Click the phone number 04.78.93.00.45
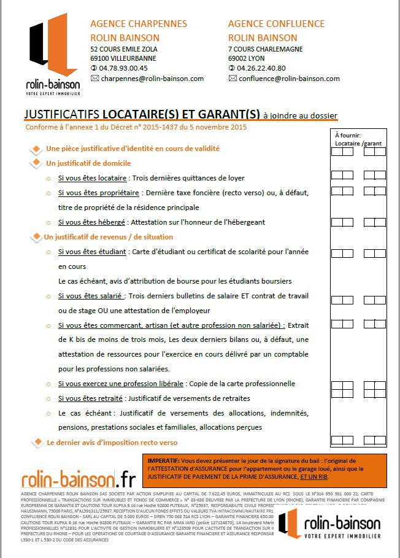pyautogui.click(x=123, y=68)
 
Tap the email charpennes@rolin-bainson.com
pyautogui.click(x=153, y=79)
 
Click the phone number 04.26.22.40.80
pyautogui.click(x=261, y=68)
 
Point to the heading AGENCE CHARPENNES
pyautogui.click(x=139, y=24)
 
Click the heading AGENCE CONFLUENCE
pyautogui.click(x=276, y=24)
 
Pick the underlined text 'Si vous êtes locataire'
pyautogui.click(x=93, y=178)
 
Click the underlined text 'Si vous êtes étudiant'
pyautogui.click(x=93, y=252)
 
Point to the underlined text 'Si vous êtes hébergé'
pyautogui.click(x=92, y=222)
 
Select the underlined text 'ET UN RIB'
pyautogui.click(x=317, y=476)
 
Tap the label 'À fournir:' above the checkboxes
pyautogui.click(x=348, y=135)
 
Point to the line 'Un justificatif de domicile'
pyautogui.click(x=88, y=163)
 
